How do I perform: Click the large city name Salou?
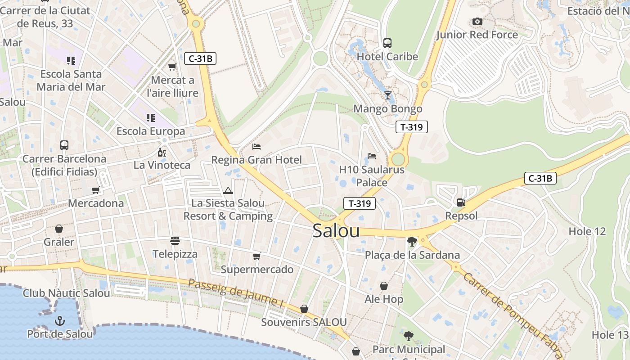[336, 231]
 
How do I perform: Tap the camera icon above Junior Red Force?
[477, 22]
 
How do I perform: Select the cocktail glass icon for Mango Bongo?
[387, 95]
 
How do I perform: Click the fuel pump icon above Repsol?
[461, 202]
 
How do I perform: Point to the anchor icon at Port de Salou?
[59, 321]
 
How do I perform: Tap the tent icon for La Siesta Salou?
[228, 190]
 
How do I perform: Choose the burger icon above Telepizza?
[175, 241]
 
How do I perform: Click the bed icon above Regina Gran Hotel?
[256, 146]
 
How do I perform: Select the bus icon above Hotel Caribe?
[387, 43]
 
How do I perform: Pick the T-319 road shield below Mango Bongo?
[411, 127]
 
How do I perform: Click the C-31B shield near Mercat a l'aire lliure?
[200, 58]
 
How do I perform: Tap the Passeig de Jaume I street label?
[236, 293]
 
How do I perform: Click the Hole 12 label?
[587, 232]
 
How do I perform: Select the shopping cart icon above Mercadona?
[95, 190]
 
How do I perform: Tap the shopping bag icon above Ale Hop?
[384, 286]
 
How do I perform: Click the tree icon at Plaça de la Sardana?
[412, 242]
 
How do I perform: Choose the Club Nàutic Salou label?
[66, 293]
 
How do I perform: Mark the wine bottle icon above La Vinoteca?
[162, 152]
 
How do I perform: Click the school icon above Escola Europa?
[151, 118]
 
